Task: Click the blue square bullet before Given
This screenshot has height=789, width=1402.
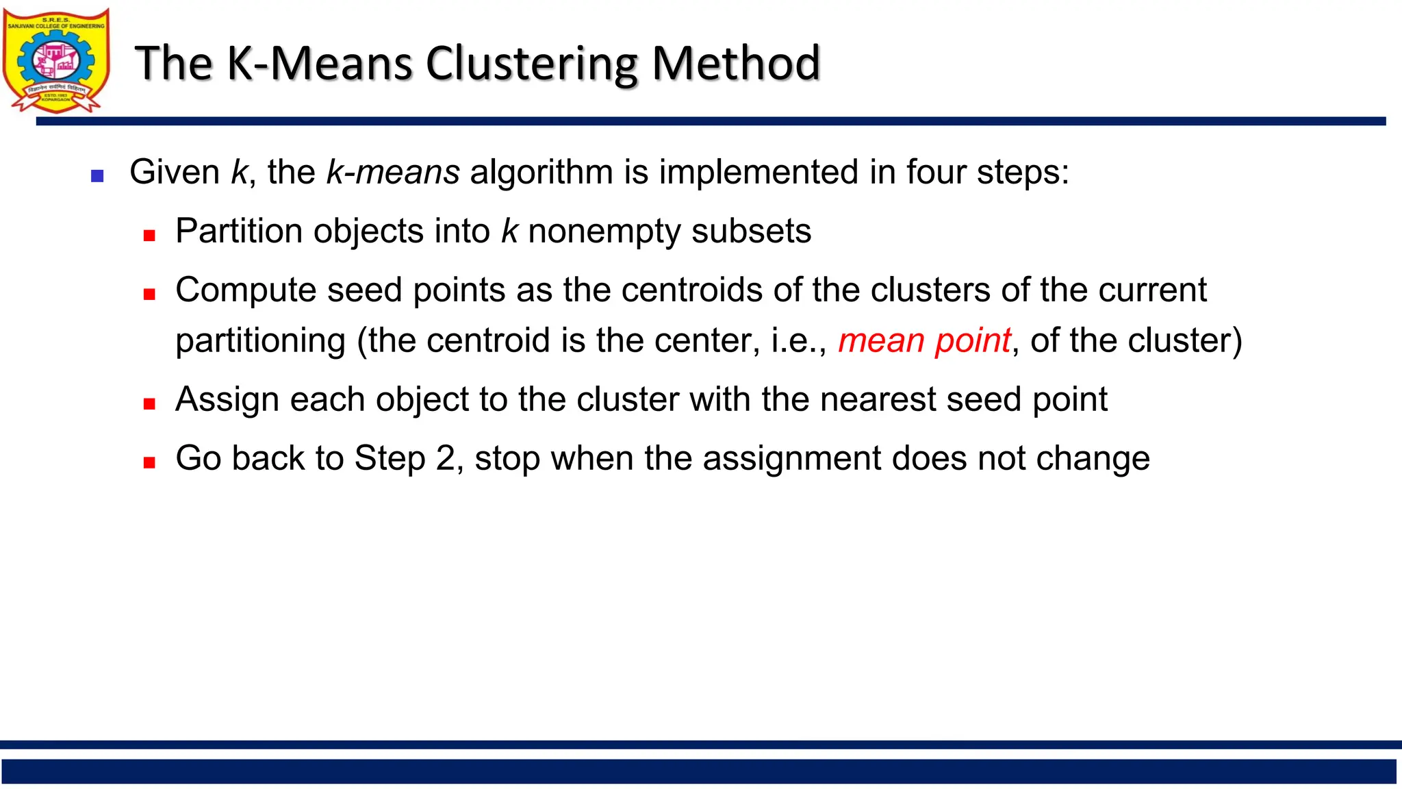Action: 97,176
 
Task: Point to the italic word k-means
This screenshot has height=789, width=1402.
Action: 393,172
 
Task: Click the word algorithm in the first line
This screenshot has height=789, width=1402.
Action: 541,172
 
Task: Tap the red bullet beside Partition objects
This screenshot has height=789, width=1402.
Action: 149,236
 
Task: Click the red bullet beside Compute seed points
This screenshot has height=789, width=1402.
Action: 149,295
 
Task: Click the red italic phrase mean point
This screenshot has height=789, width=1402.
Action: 924,340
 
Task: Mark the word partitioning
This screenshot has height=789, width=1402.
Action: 260,340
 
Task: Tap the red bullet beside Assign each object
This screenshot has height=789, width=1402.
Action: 149,404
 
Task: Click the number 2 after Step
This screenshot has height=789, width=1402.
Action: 446,458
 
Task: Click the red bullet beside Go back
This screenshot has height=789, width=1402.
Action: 149,463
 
